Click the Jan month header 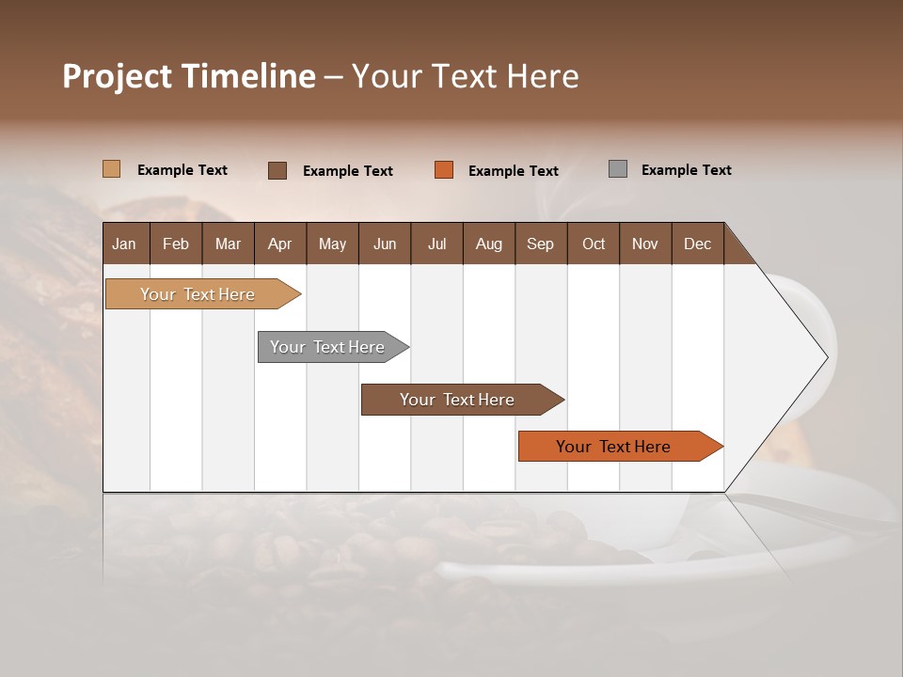(125, 244)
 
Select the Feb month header (176, 244)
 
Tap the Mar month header (228, 244)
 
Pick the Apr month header (280, 244)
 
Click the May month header (332, 244)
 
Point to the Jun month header (385, 244)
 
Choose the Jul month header (436, 244)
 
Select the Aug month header (489, 244)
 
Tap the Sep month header (541, 244)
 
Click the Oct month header (594, 244)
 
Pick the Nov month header (645, 244)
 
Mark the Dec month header (698, 244)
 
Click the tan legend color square (112, 169)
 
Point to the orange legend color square (444, 170)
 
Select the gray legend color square (618, 169)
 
